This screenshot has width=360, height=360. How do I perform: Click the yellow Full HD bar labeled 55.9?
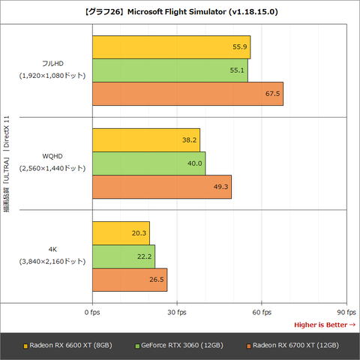(x=171, y=47)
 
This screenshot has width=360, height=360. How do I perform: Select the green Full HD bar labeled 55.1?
(x=170, y=70)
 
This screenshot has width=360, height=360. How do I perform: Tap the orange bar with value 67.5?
(x=187, y=94)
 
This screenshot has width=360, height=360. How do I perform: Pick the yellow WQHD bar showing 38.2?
(x=146, y=140)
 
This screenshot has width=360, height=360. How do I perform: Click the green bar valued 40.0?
(x=148, y=163)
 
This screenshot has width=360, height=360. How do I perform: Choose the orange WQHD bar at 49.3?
(x=162, y=187)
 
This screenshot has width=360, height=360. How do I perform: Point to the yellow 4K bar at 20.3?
(x=121, y=233)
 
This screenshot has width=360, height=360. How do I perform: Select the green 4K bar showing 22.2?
(x=124, y=256)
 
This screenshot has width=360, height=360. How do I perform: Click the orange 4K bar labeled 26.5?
(x=130, y=280)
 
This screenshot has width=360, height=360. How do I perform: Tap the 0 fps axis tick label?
(x=92, y=312)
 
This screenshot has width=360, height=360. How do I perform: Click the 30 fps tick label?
(x=177, y=312)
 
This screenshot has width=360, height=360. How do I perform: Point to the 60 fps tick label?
(x=262, y=312)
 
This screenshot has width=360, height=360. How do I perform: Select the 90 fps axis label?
(x=346, y=312)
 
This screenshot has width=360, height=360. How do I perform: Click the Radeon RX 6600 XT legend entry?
(x=67, y=346)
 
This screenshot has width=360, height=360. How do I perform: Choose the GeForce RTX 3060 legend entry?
(x=179, y=346)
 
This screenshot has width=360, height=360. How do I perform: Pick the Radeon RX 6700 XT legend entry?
(x=292, y=346)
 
